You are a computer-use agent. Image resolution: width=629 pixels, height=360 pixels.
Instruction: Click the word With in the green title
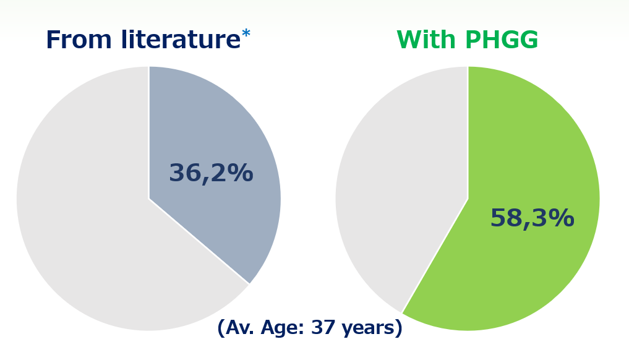pyautogui.click(x=426, y=41)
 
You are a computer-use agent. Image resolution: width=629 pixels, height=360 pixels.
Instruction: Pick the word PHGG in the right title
pyautogui.click(x=502, y=41)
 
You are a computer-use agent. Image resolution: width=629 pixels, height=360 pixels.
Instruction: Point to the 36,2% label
pyautogui.click(x=211, y=174)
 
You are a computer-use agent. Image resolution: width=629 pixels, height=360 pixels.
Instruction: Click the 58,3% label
pyautogui.click(x=532, y=219)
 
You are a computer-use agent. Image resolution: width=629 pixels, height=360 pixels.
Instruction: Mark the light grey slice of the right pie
pyautogui.click(x=396, y=186)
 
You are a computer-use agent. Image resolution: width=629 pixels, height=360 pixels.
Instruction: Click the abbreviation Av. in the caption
pyautogui.click(x=239, y=328)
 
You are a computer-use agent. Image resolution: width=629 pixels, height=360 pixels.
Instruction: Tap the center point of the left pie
pyautogui.click(x=148, y=199)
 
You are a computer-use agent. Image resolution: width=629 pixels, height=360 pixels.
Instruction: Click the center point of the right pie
pyautogui.click(x=468, y=199)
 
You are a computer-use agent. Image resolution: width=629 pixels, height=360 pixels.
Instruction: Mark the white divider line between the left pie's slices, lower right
pyautogui.click(x=199, y=242)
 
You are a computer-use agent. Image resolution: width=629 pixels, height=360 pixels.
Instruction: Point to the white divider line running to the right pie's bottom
pyautogui.click(x=435, y=256)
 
